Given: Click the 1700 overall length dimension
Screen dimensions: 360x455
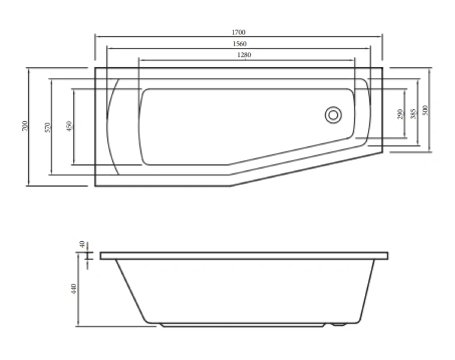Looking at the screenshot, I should point(238,32).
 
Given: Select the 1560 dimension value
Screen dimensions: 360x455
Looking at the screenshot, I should point(238,44).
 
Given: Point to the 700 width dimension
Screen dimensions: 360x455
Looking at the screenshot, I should point(25,127).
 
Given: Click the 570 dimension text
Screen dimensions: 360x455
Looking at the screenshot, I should point(47,127).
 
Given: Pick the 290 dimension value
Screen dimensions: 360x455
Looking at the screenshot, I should point(400,114).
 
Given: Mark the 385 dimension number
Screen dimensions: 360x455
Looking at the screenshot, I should point(413,114).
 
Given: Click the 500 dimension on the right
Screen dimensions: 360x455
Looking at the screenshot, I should point(426,110).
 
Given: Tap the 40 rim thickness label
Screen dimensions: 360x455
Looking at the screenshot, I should point(82,245).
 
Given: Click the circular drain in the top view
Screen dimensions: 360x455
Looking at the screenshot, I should point(333,114).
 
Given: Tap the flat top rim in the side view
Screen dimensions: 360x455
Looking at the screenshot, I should point(244,256).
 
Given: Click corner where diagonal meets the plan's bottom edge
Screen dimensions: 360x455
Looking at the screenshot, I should point(231,186).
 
